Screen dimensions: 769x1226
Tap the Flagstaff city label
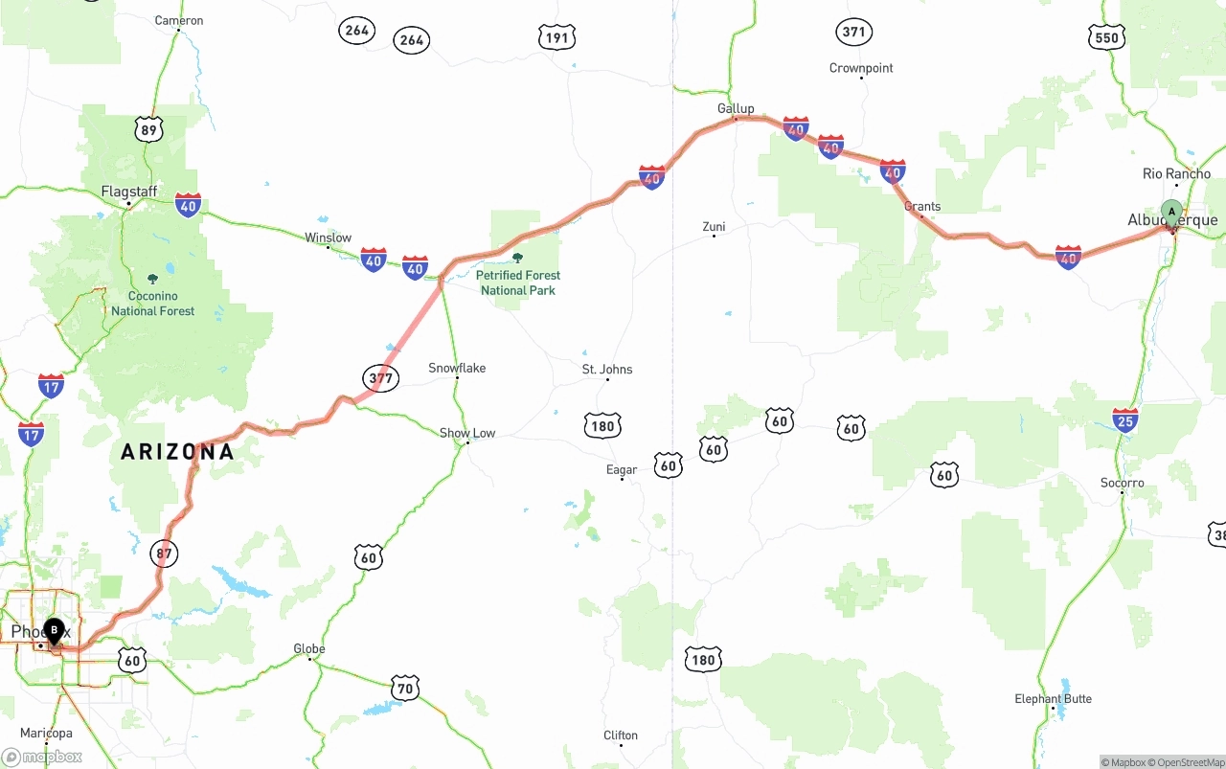128,192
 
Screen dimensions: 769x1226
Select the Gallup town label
736,108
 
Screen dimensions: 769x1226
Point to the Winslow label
328,237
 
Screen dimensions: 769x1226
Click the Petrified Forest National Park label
518,283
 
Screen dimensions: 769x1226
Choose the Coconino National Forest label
152,303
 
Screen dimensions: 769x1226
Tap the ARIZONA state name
177,452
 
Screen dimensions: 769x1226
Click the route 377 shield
380,378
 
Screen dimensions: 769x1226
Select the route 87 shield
165,553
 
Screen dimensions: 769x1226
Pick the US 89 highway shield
148,129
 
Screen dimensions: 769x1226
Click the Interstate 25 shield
1125,419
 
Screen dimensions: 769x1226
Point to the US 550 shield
1106,37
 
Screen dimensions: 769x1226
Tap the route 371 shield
852,32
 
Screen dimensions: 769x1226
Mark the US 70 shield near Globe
405,688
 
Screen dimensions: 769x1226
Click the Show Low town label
467,433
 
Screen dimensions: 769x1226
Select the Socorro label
1122,483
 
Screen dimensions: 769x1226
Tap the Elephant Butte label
1053,698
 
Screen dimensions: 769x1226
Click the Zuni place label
714,227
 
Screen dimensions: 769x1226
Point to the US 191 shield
556,38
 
